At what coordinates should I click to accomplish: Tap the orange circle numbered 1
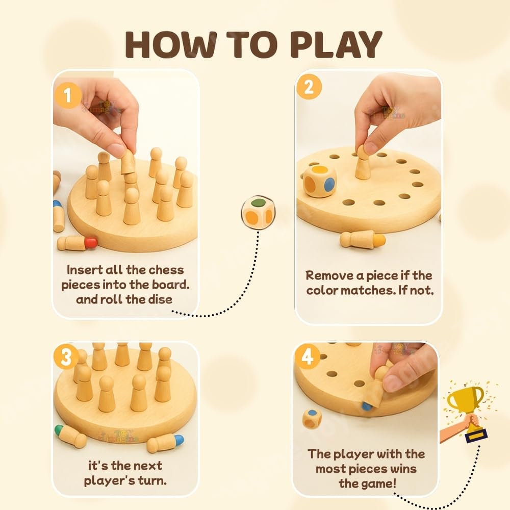pyautogui.click(x=67, y=95)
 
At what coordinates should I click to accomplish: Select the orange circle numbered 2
pyautogui.click(x=309, y=87)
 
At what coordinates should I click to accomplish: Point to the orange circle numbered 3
pyautogui.click(x=67, y=358)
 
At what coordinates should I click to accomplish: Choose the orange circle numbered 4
pyautogui.click(x=308, y=358)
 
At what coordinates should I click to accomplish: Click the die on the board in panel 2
pyautogui.click(x=319, y=181)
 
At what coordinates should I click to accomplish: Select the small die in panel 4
pyautogui.click(x=312, y=418)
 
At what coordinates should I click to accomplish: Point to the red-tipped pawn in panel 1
pyautogui.click(x=77, y=243)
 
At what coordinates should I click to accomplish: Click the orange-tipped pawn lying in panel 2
pyautogui.click(x=363, y=239)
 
